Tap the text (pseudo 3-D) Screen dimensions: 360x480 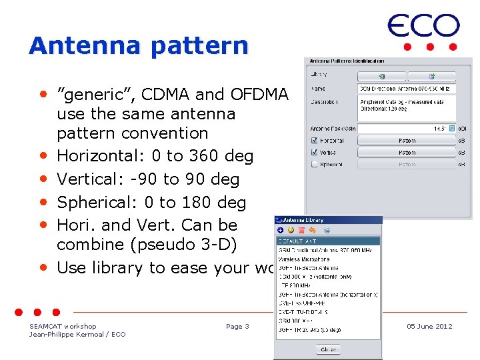[179, 245]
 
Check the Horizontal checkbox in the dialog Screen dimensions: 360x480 [315, 141]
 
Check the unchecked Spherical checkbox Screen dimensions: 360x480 [315, 163]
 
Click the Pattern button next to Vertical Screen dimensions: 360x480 [407, 152]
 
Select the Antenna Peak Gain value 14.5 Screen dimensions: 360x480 [439, 128]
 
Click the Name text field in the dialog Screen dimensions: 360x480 [407, 88]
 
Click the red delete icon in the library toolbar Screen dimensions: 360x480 [301, 230]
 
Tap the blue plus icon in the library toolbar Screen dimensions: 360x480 [281, 230]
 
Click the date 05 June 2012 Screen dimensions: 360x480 [429, 326]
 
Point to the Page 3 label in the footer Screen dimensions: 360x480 [237, 326]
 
